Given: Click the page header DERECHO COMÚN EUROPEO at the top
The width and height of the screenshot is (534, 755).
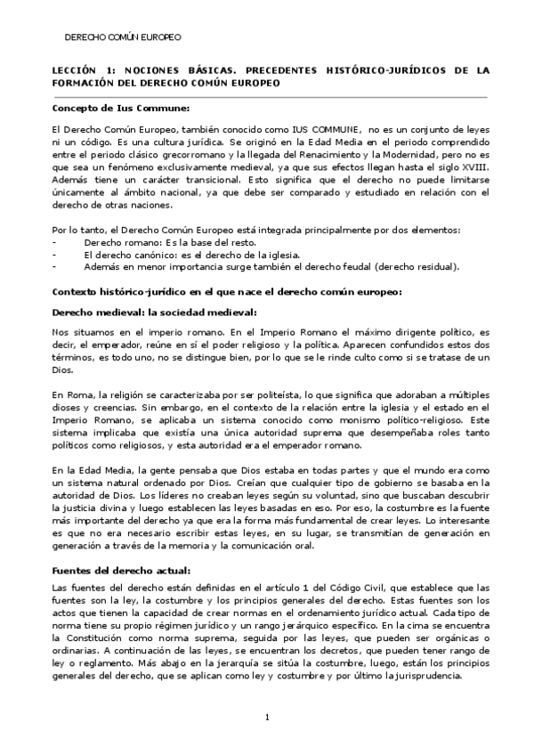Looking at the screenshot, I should click(124, 38).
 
